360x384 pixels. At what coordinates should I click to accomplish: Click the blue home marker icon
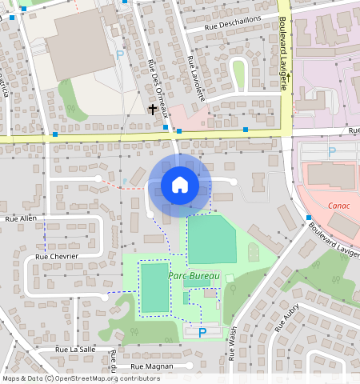180,185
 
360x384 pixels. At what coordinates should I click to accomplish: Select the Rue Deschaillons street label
232,26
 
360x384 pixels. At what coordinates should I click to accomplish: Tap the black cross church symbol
152,108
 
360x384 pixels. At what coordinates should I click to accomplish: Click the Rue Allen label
21,218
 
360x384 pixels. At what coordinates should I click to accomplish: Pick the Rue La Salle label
76,350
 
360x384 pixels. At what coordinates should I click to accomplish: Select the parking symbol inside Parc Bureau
202,332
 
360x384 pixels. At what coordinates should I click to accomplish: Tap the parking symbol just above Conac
332,150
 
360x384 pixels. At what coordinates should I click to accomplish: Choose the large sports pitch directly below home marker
212,239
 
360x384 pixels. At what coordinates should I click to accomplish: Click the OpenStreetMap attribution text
81,378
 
